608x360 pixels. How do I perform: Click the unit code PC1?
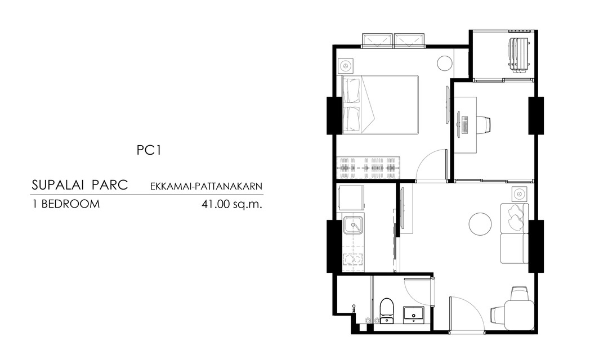[x=149, y=150]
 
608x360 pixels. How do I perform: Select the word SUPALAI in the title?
[x=58, y=185]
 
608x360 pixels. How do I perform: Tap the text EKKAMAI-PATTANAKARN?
[x=206, y=186]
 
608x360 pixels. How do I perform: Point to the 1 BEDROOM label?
[x=65, y=204]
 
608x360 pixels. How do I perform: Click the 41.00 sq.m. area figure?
[x=232, y=204]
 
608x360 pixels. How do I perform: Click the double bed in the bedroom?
[x=380, y=104]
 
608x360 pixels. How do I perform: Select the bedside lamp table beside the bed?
[x=345, y=66]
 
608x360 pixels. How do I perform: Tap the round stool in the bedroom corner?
[x=445, y=63]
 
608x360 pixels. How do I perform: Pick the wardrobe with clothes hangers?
[x=368, y=168]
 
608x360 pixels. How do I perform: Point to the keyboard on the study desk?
[x=466, y=124]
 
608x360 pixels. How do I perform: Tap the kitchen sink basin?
[x=353, y=226]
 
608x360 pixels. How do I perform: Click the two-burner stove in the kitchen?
[x=353, y=259]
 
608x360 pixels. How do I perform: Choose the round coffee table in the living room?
[x=480, y=224]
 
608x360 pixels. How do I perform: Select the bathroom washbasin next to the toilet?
[x=414, y=314]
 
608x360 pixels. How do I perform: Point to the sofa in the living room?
[x=515, y=233]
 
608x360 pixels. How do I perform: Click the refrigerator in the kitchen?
[x=352, y=198]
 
